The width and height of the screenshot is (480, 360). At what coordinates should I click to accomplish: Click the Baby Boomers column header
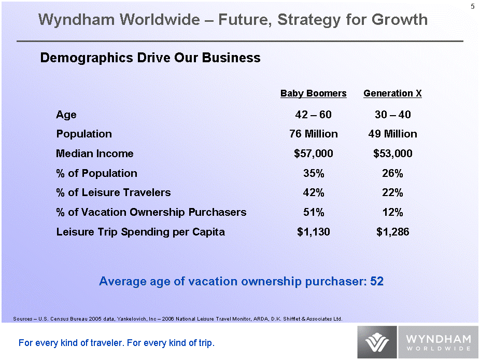click(x=314, y=93)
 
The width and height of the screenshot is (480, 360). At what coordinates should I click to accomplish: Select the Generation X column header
click(x=392, y=93)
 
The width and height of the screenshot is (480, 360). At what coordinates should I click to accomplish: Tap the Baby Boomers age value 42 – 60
click(x=313, y=115)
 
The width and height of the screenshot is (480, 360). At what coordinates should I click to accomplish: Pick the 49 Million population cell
click(x=392, y=134)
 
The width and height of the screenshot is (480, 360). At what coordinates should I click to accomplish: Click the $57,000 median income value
click(x=314, y=154)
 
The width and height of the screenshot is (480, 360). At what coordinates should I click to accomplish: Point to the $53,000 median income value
click(x=393, y=154)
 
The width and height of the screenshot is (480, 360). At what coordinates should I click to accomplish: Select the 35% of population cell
click(x=314, y=173)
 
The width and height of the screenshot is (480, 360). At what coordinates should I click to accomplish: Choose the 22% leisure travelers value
click(x=392, y=193)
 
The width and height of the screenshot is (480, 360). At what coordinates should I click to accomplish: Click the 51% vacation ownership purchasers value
click(x=314, y=212)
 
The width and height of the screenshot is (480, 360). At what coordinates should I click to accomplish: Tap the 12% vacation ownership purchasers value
click(x=393, y=212)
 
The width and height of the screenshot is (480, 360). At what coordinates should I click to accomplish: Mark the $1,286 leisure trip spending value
click(x=393, y=232)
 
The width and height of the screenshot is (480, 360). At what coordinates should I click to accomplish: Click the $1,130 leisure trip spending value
click(x=314, y=232)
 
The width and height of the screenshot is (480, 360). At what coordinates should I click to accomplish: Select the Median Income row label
click(x=94, y=154)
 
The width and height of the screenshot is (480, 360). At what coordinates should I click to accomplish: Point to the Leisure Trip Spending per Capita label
click(x=140, y=232)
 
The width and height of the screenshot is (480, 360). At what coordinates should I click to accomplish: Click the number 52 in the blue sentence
click(x=377, y=281)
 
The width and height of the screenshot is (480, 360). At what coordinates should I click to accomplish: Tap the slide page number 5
click(x=473, y=6)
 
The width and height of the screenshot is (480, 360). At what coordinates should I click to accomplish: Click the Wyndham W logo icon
click(x=377, y=342)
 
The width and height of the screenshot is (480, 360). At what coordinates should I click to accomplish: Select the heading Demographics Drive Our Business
click(x=150, y=58)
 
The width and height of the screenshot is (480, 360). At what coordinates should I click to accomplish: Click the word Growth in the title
click(x=400, y=20)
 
